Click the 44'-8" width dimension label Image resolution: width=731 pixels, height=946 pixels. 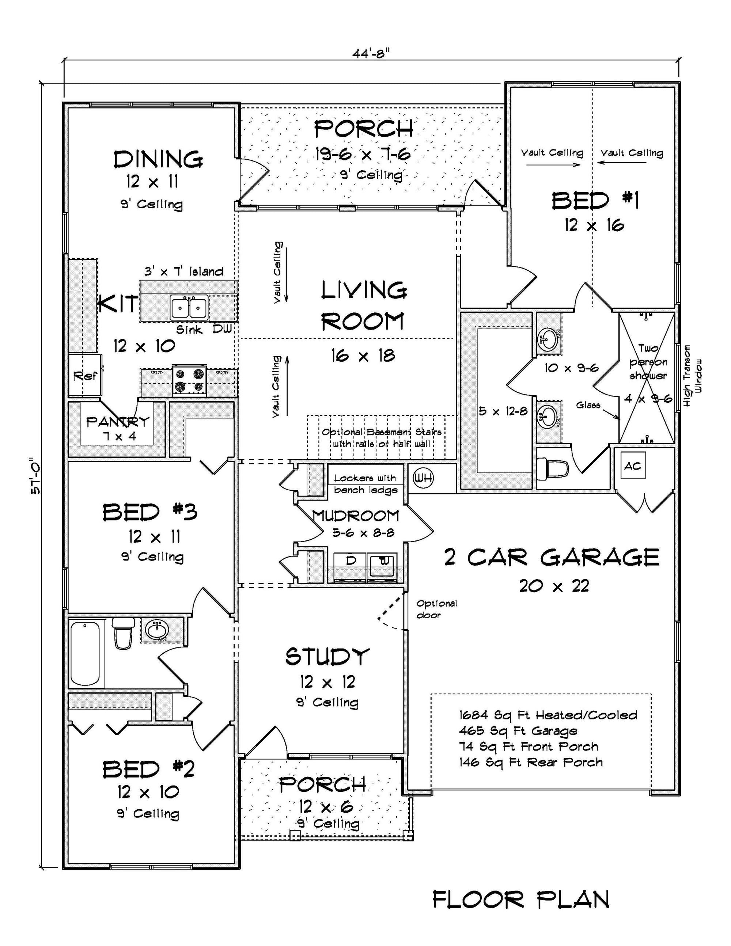[371, 54]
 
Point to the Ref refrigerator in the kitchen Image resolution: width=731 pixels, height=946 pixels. [85, 375]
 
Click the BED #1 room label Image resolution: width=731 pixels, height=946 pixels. [595, 201]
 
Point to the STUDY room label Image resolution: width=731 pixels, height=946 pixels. [327, 657]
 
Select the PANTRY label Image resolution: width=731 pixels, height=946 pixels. [117, 421]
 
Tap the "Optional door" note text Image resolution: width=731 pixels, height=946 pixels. [436, 609]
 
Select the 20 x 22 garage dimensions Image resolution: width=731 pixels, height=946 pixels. [554, 586]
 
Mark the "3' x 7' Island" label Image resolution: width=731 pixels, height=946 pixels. [184, 271]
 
